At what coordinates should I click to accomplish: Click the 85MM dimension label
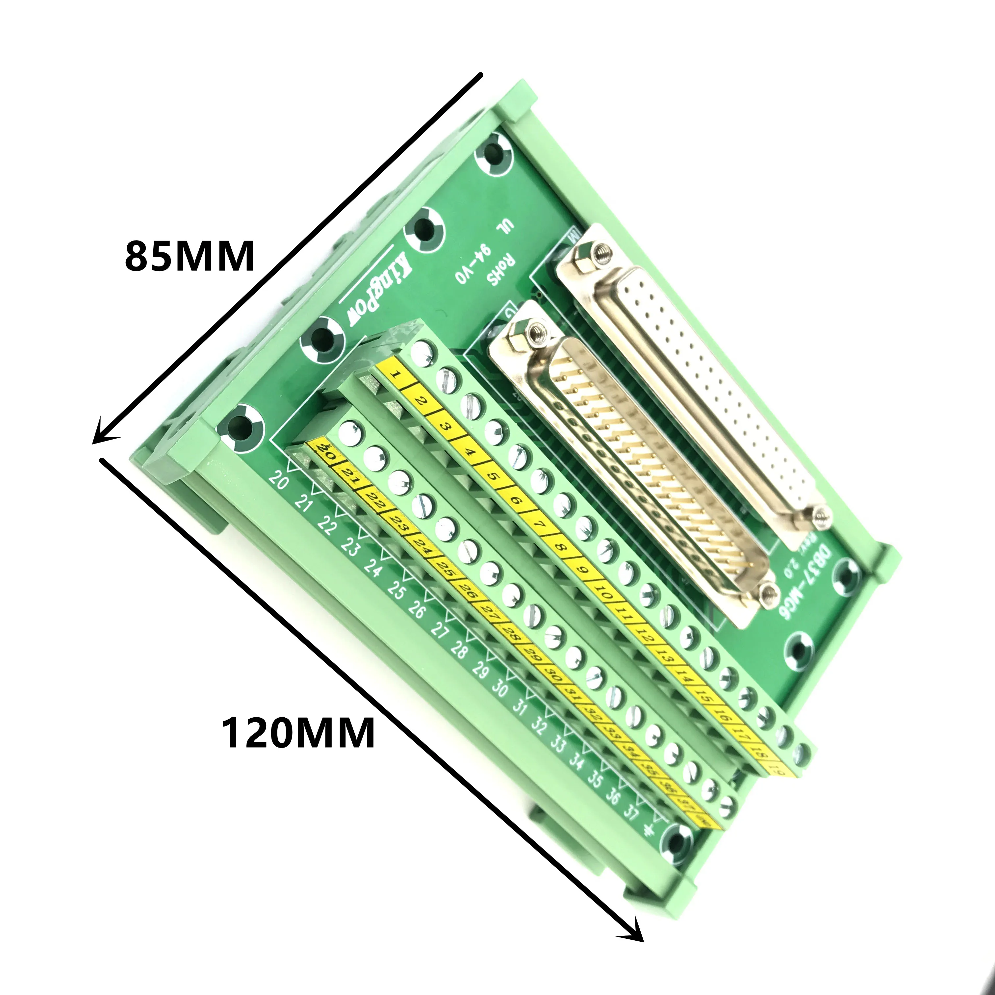[x=190, y=256]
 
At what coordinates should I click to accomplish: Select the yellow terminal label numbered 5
[x=493, y=476]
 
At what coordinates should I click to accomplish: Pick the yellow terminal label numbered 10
[x=606, y=597]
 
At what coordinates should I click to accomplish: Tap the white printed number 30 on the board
[x=499, y=689]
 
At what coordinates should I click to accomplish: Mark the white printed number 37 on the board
[x=631, y=812]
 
